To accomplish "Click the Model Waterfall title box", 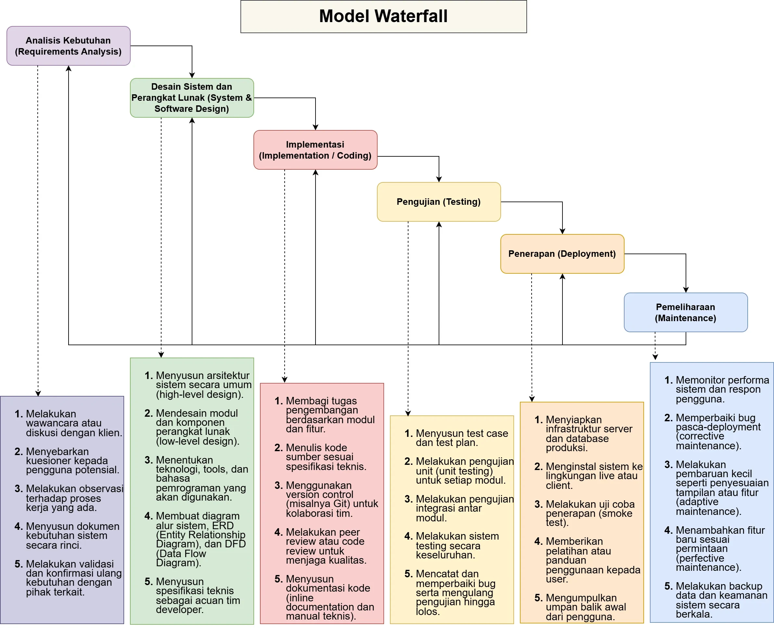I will (383, 16).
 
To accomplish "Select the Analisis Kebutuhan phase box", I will (68, 46).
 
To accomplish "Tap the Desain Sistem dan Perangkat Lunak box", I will (192, 98).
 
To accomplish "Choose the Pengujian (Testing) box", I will (438, 202).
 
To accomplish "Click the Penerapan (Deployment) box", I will (562, 254).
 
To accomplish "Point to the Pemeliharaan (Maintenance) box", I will (685, 312).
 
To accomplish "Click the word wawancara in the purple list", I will (45, 423).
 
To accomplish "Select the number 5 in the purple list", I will (19, 564).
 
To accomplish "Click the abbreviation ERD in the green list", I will (223, 526).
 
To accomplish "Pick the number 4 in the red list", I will (278, 532).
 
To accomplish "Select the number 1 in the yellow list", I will (408, 433).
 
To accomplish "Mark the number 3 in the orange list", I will (538, 504).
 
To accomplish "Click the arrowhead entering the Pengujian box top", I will (439, 179).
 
